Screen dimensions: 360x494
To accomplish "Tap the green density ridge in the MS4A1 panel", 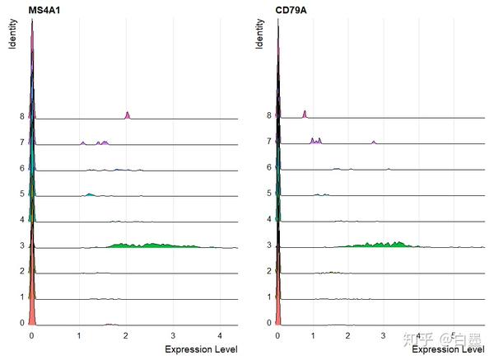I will [156, 244].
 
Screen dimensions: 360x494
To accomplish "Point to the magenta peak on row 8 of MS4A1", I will [127, 115].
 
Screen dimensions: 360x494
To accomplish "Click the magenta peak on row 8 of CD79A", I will [305, 114].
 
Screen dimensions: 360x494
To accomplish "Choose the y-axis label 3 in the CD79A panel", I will [269, 245].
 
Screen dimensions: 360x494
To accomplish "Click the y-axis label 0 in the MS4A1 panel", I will [22, 323].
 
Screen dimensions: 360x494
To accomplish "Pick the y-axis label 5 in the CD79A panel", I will [269, 194].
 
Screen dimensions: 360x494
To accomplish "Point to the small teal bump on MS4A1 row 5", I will [90, 194].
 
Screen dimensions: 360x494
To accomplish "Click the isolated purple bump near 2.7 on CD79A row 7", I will [374, 143].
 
